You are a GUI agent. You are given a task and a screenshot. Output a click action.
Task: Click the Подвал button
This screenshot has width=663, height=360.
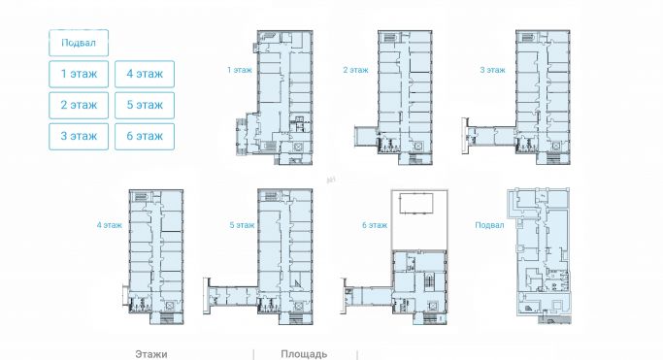[79, 43]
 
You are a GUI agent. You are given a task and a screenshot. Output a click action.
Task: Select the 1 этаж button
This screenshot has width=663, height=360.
[79, 74]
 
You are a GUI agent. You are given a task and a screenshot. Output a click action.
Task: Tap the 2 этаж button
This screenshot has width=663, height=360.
[79, 105]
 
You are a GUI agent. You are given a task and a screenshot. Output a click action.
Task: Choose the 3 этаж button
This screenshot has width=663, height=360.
[79, 137]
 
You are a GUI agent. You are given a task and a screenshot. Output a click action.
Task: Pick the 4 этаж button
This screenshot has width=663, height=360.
[145, 74]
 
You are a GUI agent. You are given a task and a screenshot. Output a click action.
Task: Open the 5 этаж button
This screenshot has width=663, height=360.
[145, 105]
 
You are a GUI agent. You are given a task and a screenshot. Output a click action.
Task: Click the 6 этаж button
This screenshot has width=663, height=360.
[145, 137]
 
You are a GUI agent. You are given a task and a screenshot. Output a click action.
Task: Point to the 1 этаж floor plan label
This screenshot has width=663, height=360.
[240, 70]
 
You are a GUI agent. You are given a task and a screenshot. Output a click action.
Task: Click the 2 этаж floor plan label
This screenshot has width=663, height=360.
[355, 70]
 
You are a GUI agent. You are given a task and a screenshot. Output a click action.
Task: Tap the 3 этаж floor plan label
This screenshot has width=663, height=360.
[492, 70]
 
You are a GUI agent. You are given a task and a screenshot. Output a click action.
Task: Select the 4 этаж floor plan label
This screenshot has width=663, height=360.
[109, 225]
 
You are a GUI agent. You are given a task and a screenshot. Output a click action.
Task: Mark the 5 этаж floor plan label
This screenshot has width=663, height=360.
[242, 225]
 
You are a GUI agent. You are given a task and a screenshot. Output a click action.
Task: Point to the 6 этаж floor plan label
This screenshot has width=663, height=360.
[375, 225]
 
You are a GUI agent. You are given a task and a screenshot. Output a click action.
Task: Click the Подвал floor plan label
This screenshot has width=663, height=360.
[489, 225]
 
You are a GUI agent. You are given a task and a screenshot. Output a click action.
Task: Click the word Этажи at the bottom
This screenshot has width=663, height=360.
[151, 354]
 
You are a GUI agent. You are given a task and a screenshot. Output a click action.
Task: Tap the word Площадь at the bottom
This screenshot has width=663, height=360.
[304, 354]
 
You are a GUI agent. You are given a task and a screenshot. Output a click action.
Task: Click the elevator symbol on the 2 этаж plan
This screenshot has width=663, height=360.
[418, 147]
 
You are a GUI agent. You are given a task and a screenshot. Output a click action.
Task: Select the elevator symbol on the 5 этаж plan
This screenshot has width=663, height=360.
[298, 306]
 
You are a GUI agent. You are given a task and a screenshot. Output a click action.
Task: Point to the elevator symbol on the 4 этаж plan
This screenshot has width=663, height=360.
[170, 306]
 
